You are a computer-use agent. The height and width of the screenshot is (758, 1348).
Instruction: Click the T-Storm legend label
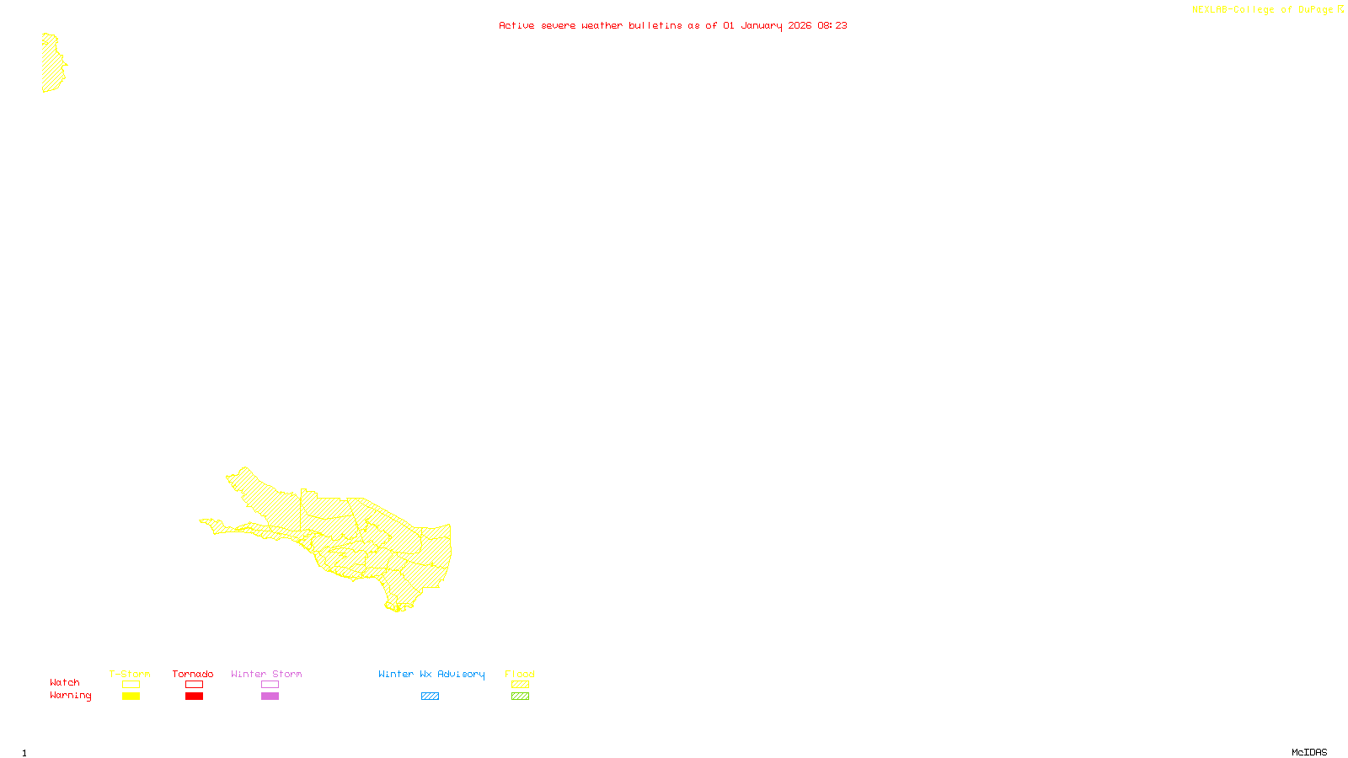point(130,674)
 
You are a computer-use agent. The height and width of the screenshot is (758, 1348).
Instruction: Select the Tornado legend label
point(193,674)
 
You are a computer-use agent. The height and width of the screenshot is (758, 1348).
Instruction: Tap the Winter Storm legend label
point(266,674)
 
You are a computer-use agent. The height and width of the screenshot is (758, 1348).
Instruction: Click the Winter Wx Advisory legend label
point(431,674)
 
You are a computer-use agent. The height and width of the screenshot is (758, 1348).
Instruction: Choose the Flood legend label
point(520,674)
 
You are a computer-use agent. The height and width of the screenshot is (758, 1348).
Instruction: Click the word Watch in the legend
point(65,682)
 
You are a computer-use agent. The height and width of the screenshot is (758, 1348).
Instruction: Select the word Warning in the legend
point(70,696)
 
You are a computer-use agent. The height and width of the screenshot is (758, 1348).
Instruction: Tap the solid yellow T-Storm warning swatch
point(131,697)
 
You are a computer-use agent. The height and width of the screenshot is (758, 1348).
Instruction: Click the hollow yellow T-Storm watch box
point(131,685)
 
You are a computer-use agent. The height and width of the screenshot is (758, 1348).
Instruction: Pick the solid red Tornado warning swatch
point(194,697)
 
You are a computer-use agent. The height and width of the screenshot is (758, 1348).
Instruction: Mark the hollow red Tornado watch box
point(194,685)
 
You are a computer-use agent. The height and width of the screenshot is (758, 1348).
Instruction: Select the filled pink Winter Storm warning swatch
point(270,697)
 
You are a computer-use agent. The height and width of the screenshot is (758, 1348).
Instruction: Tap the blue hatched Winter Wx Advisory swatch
point(430,697)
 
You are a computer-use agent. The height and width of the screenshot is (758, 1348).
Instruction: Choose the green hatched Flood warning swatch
point(521,697)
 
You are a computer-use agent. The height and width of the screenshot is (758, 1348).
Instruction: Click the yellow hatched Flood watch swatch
point(521,685)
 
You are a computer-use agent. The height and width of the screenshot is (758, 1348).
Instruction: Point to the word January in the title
point(762,26)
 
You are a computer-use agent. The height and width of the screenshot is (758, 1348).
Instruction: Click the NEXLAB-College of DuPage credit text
point(1263,10)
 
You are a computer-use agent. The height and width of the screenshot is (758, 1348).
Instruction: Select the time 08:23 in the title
point(832,25)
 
